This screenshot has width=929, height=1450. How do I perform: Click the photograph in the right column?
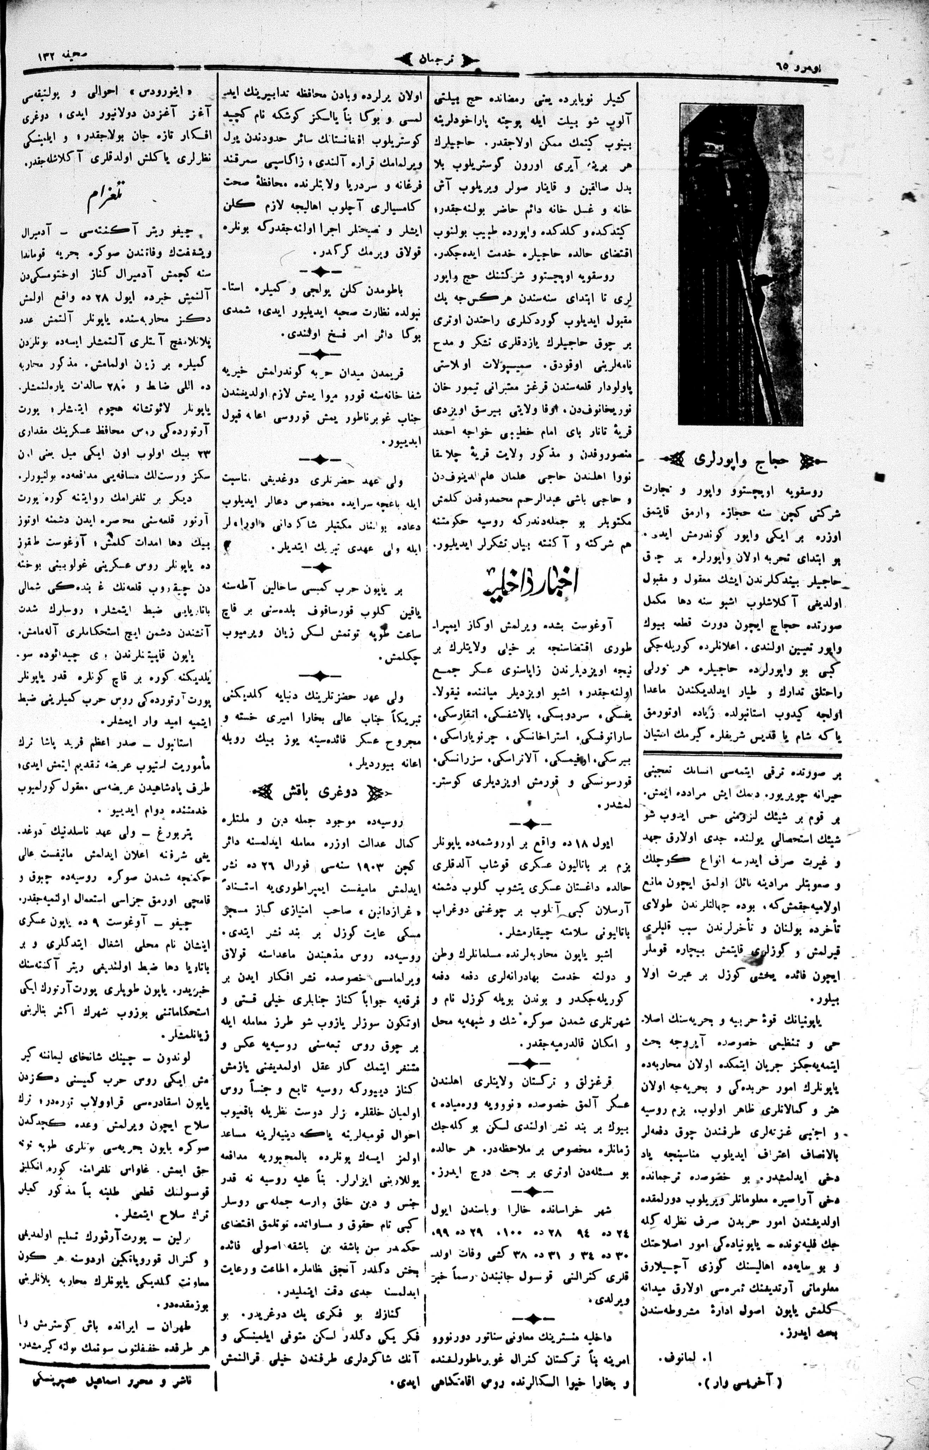pyautogui.click(x=741, y=263)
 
